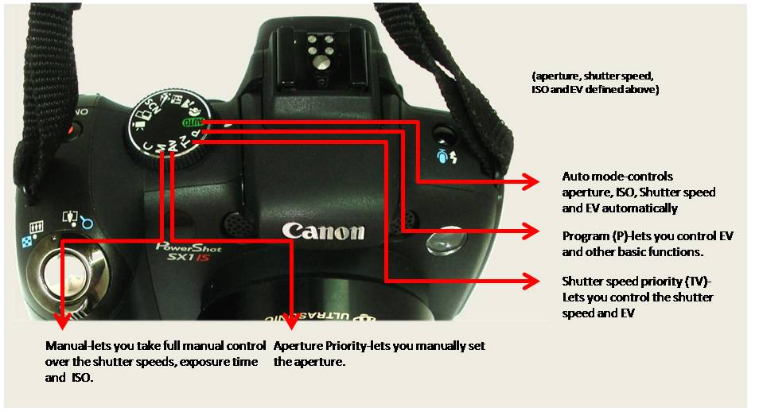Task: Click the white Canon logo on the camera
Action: (x=323, y=231)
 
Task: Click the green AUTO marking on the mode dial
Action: (x=193, y=122)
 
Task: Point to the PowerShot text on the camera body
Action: (x=189, y=247)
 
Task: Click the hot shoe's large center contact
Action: (x=320, y=61)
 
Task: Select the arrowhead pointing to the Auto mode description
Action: (x=530, y=181)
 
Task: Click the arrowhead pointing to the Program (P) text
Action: (x=530, y=231)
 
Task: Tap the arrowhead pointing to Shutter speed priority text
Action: (x=530, y=282)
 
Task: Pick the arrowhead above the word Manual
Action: (x=61, y=321)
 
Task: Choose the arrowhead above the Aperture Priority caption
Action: (x=291, y=321)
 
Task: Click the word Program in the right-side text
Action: (x=586, y=237)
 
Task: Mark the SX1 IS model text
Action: (x=189, y=257)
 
